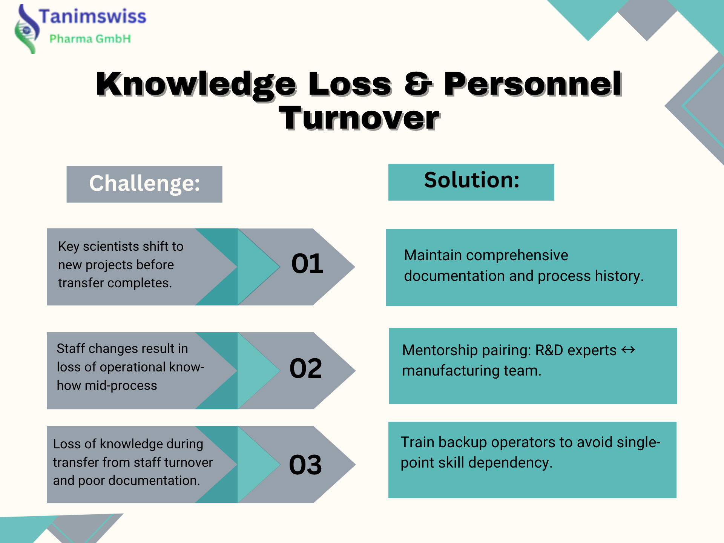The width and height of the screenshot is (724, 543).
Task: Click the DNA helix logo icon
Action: (x=26, y=29)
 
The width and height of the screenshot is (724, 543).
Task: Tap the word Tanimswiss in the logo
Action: (x=92, y=17)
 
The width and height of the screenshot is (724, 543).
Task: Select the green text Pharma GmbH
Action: (x=90, y=38)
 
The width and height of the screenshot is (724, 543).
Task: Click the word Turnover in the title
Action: (x=359, y=118)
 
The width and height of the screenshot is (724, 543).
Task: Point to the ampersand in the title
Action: (x=417, y=84)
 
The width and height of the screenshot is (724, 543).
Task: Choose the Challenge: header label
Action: (x=144, y=184)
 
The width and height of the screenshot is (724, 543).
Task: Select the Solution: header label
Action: (x=471, y=180)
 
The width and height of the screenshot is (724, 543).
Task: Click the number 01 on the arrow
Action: (x=307, y=264)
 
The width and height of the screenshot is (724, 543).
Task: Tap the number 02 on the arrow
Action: (x=305, y=368)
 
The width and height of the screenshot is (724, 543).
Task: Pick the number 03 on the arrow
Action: (x=305, y=465)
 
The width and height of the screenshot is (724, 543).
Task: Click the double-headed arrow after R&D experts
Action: (x=628, y=350)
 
